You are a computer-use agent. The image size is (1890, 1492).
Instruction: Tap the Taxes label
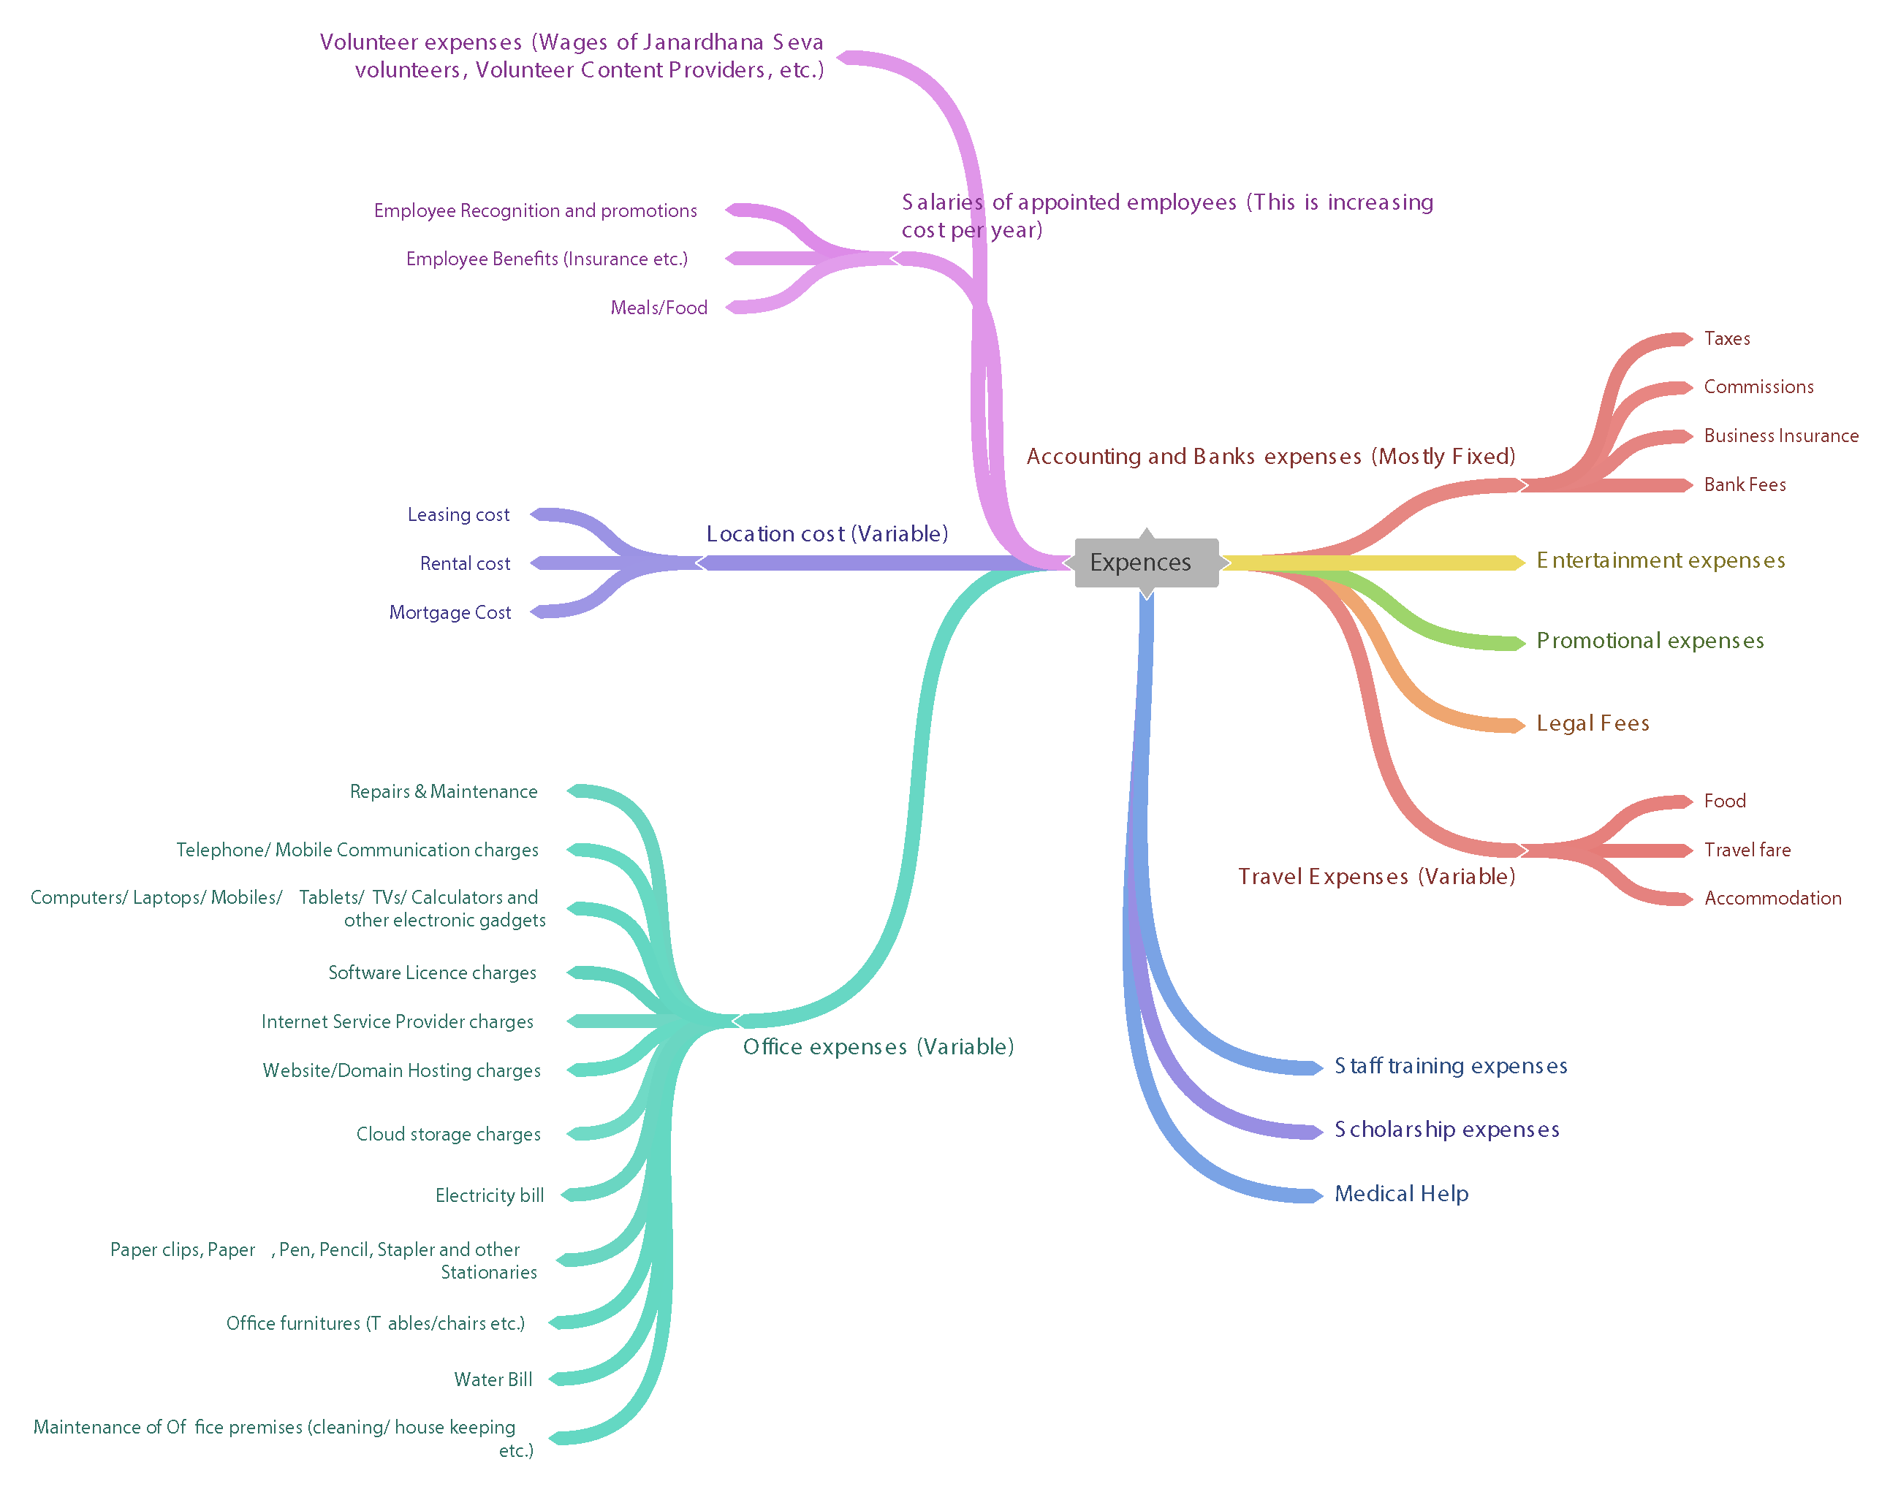coord(1726,339)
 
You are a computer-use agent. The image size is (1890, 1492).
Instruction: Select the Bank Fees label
coord(1744,485)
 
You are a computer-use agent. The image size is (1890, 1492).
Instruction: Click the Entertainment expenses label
coord(1661,561)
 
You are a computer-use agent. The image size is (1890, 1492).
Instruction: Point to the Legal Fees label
coord(1592,723)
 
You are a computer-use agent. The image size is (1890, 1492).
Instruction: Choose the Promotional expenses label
coord(1650,642)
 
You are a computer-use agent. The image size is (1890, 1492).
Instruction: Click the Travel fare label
coord(1747,850)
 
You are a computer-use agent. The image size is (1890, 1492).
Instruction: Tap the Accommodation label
coord(1772,899)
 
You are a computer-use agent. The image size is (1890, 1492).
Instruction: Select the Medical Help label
coord(1400,1194)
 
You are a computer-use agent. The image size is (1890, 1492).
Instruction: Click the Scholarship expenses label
coord(1446,1130)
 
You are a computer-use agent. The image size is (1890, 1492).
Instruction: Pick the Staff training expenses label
coord(1451,1067)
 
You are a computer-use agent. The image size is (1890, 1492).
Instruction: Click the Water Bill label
coord(493,1380)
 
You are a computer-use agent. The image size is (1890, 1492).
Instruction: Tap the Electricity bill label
coord(490,1196)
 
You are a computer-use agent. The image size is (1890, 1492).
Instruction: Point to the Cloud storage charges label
coord(448,1135)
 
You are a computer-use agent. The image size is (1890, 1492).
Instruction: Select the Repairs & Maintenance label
coord(443,792)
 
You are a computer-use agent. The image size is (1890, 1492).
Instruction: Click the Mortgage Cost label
coord(450,613)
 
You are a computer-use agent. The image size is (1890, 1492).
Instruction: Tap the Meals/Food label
coord(659,308)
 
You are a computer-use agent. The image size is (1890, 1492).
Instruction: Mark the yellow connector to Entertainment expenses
coord(1381,563)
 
